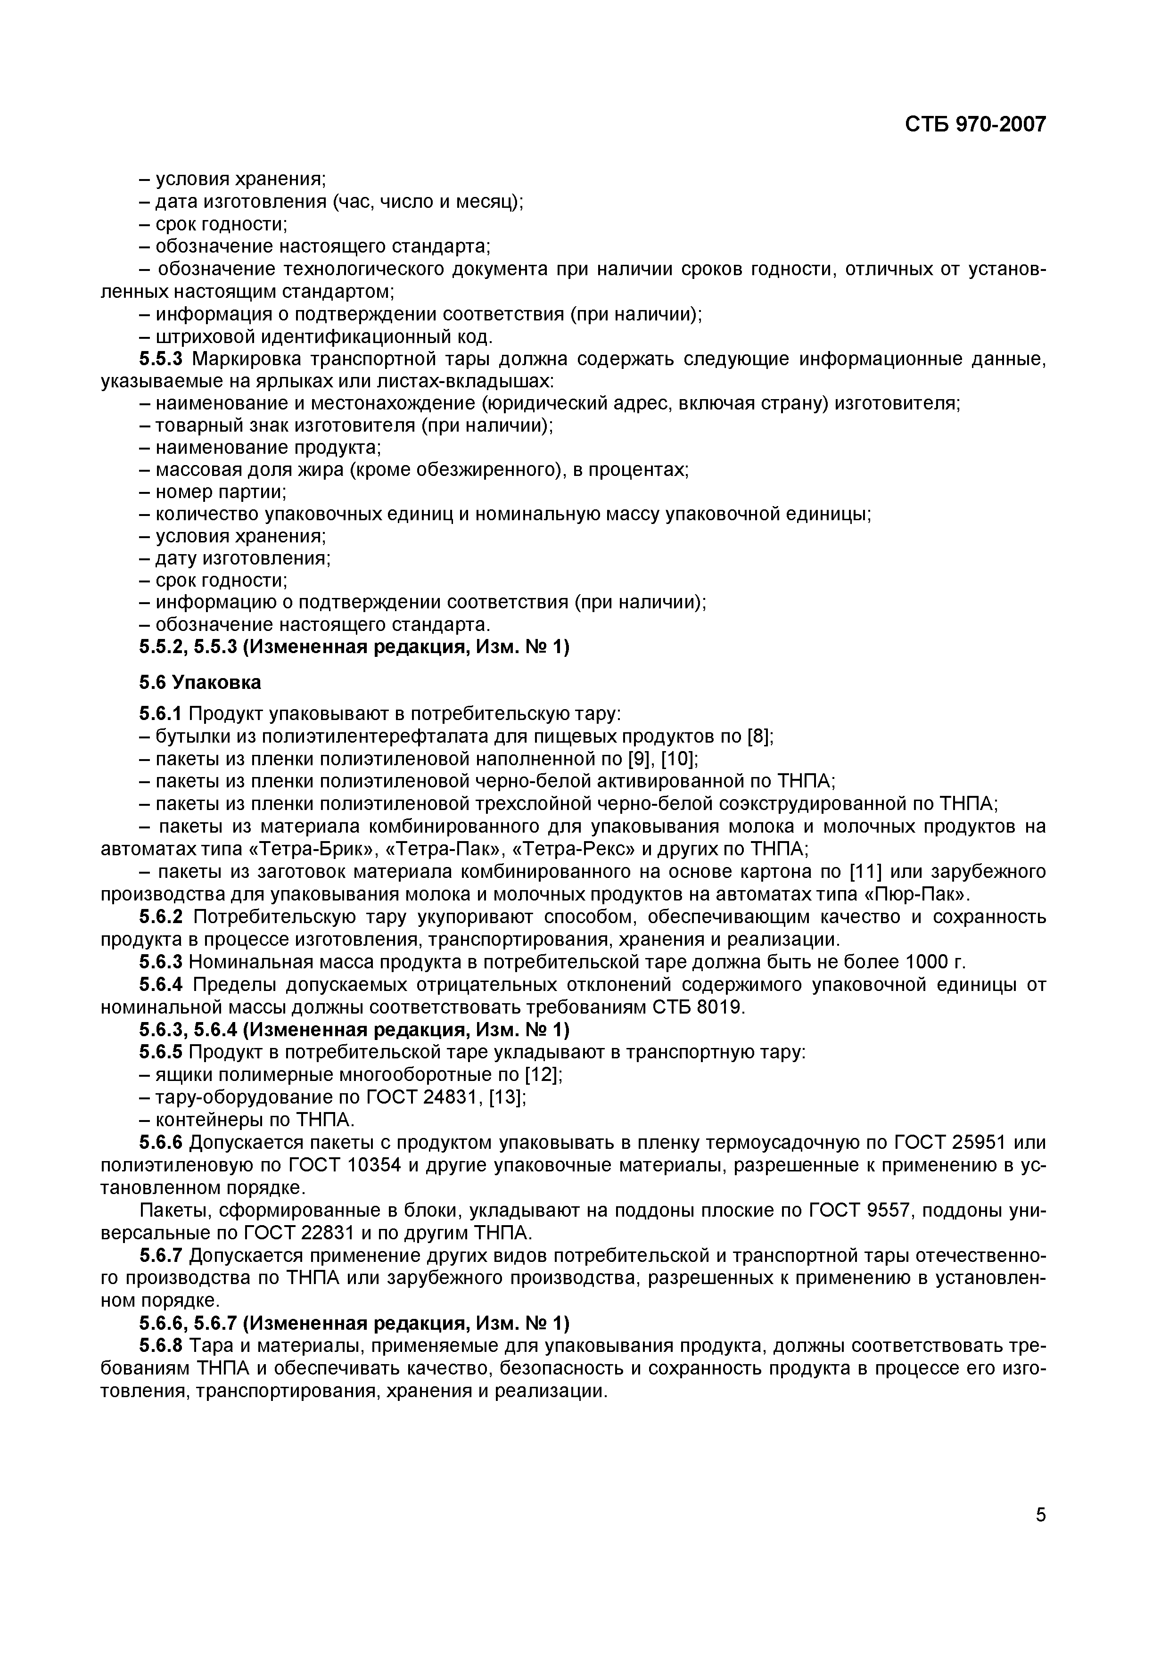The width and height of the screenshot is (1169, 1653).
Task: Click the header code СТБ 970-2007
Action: [974, 124]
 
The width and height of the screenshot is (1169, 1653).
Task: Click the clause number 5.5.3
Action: [163, 359]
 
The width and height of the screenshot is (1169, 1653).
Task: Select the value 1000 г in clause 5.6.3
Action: [934, 962]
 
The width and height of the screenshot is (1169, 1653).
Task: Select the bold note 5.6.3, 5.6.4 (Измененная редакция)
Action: [354, 1030]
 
